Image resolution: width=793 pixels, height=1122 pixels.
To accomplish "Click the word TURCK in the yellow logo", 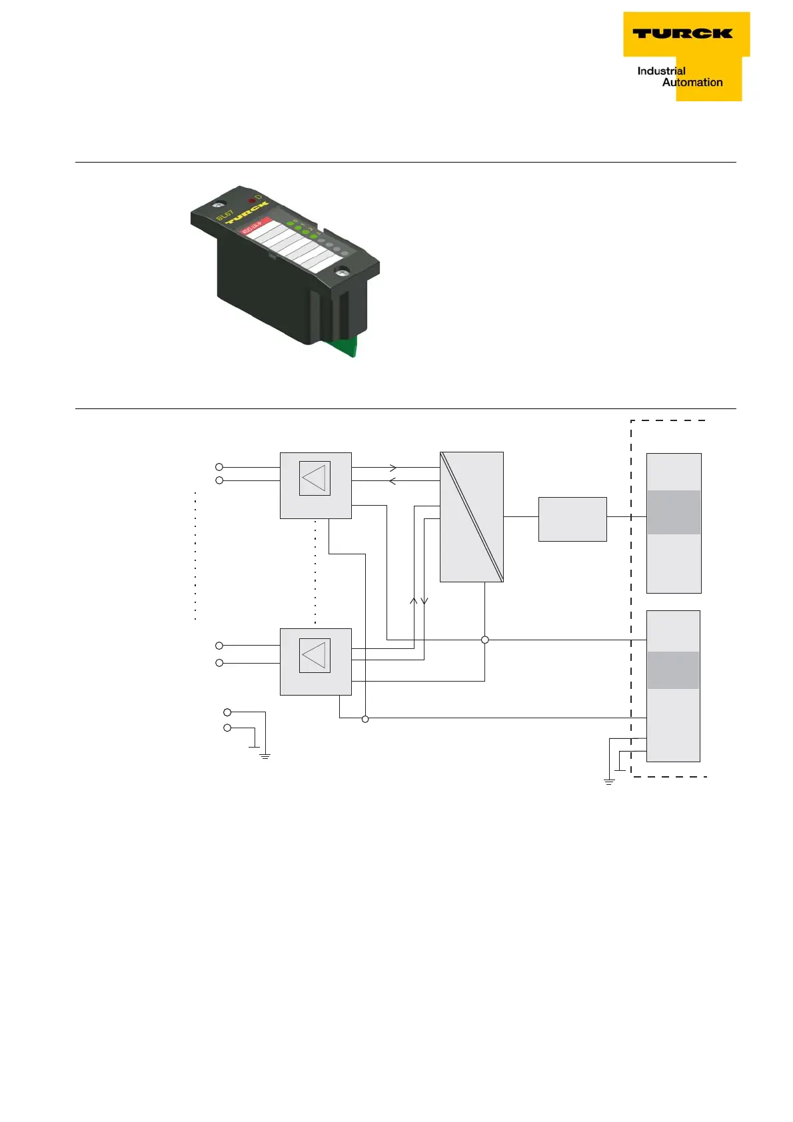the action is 682,33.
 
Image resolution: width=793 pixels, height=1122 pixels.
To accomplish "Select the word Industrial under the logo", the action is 661,71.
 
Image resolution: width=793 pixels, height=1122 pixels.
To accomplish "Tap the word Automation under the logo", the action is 692,83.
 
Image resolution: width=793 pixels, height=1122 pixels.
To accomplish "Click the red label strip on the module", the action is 254,226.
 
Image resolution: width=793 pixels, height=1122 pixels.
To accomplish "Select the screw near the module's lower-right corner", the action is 342,271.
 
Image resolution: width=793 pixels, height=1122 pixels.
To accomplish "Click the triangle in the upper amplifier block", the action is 314,478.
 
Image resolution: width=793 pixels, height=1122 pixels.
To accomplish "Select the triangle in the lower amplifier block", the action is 314,656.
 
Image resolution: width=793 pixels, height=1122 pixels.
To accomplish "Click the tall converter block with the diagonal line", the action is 471,516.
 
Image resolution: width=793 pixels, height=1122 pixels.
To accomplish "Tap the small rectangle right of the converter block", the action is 572,519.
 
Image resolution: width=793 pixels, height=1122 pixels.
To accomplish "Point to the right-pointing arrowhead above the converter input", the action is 393,468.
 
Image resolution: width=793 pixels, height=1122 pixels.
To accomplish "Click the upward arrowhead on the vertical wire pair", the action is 413,600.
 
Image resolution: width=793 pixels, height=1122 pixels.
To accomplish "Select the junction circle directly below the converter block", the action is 484,640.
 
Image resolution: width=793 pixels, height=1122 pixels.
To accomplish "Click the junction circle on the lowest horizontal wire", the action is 365,719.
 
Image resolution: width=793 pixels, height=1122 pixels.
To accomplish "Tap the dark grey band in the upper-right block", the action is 674,512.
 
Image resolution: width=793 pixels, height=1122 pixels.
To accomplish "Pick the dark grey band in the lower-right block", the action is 673,670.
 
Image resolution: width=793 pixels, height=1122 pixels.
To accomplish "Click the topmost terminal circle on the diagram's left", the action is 219,467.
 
